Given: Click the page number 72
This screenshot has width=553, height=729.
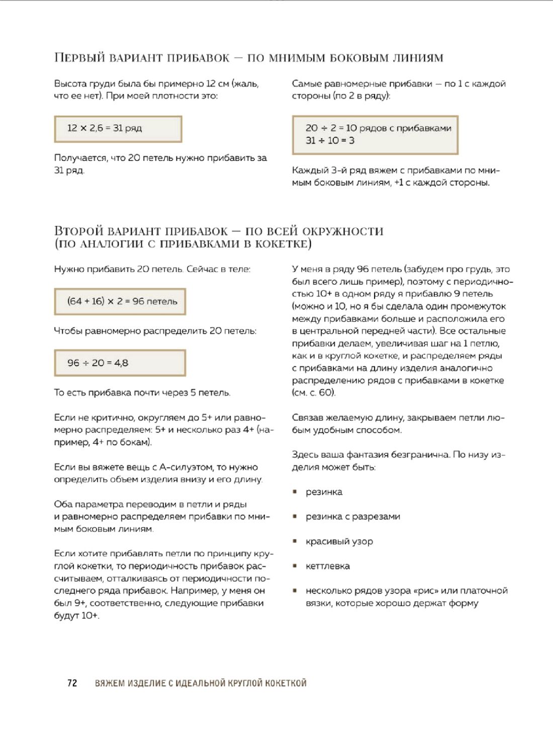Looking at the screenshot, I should click(72, 683).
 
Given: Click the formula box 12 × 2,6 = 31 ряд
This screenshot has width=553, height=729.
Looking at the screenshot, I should click(118, 129).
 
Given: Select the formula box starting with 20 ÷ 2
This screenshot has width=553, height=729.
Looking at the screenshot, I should click(375, 134).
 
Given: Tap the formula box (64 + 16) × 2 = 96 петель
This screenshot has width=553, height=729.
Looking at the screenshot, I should click(120, 301).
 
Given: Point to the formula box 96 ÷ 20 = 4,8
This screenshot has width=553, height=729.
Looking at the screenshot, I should click(120, 363).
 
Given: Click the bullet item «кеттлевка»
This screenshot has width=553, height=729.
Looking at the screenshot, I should click(327, 566).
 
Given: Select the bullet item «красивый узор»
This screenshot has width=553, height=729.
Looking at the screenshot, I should click(339, 541).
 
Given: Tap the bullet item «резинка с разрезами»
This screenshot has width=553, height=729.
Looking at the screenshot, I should click(352, 517).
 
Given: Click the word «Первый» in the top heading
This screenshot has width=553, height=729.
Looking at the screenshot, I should click(79, 57).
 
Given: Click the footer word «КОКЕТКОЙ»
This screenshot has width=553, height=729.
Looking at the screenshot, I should click(286, 683).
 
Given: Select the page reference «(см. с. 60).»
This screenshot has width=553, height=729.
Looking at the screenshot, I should click(314, 392).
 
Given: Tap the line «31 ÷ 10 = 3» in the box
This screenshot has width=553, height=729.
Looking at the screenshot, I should click(330, 141).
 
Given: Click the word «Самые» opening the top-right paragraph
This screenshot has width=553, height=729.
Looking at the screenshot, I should click(306, 84).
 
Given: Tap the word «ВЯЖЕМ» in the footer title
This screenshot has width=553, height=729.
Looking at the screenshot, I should click(110, 683).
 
